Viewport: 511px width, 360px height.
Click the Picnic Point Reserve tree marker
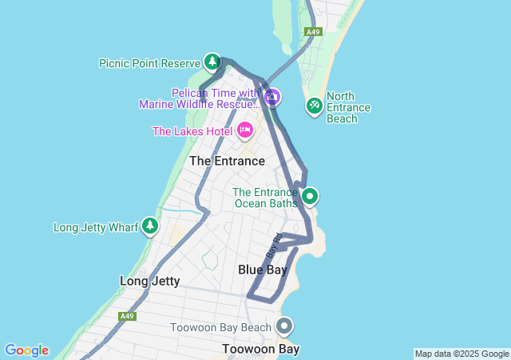pyautogui.click(x=212, y=61)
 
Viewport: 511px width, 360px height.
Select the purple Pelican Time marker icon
pyautogui.click(x=272, y=98)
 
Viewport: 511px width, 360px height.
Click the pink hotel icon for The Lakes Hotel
pyautogui.click(x=245, y=130)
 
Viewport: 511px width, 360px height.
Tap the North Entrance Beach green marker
pyautogui.click(x=315, y=105)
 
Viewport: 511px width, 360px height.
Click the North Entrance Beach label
pyautogui.click(x=348, y=107)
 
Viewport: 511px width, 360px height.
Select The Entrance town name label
pyautogui.click(x=227, y=161)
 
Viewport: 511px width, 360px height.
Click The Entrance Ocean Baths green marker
pyautogui.click(x=310, y=195)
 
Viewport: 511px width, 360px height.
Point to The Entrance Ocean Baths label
pyautogui.click(x=264, y=197)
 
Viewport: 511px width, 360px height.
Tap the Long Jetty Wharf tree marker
pyautogui.click(x=150, y=226)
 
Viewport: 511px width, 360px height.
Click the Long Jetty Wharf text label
pyautogui.click(x=96, y=227)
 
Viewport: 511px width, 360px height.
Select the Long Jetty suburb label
pyautogui.click(x=149, y=281)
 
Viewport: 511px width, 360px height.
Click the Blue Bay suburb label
pyautogui.click(x=263, y=270)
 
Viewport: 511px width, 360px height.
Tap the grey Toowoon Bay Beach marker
pyautogui.click(x=284, y=326)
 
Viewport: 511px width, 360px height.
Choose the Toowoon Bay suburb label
pyautogui.click(x=260, y=349)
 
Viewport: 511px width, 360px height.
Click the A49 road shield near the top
pyautogui.click(x=313, y=32)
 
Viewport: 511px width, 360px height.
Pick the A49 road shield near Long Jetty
pyautogui.click(x=127, y=316)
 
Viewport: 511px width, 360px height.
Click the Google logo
pyautogui.click(x=26, y=350)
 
